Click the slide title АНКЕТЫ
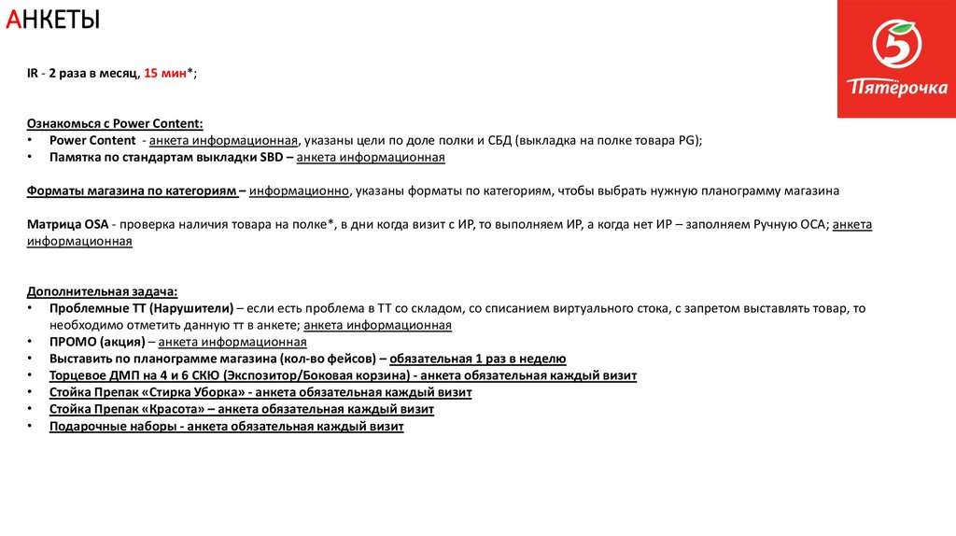[x=53, y=19]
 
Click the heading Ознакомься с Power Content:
[x=115, y=123]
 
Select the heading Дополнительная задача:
[x=102, y=291]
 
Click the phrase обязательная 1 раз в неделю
[x=477, y=359]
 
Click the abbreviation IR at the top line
[x=33, y=73]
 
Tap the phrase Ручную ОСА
[x=785, y=224]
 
